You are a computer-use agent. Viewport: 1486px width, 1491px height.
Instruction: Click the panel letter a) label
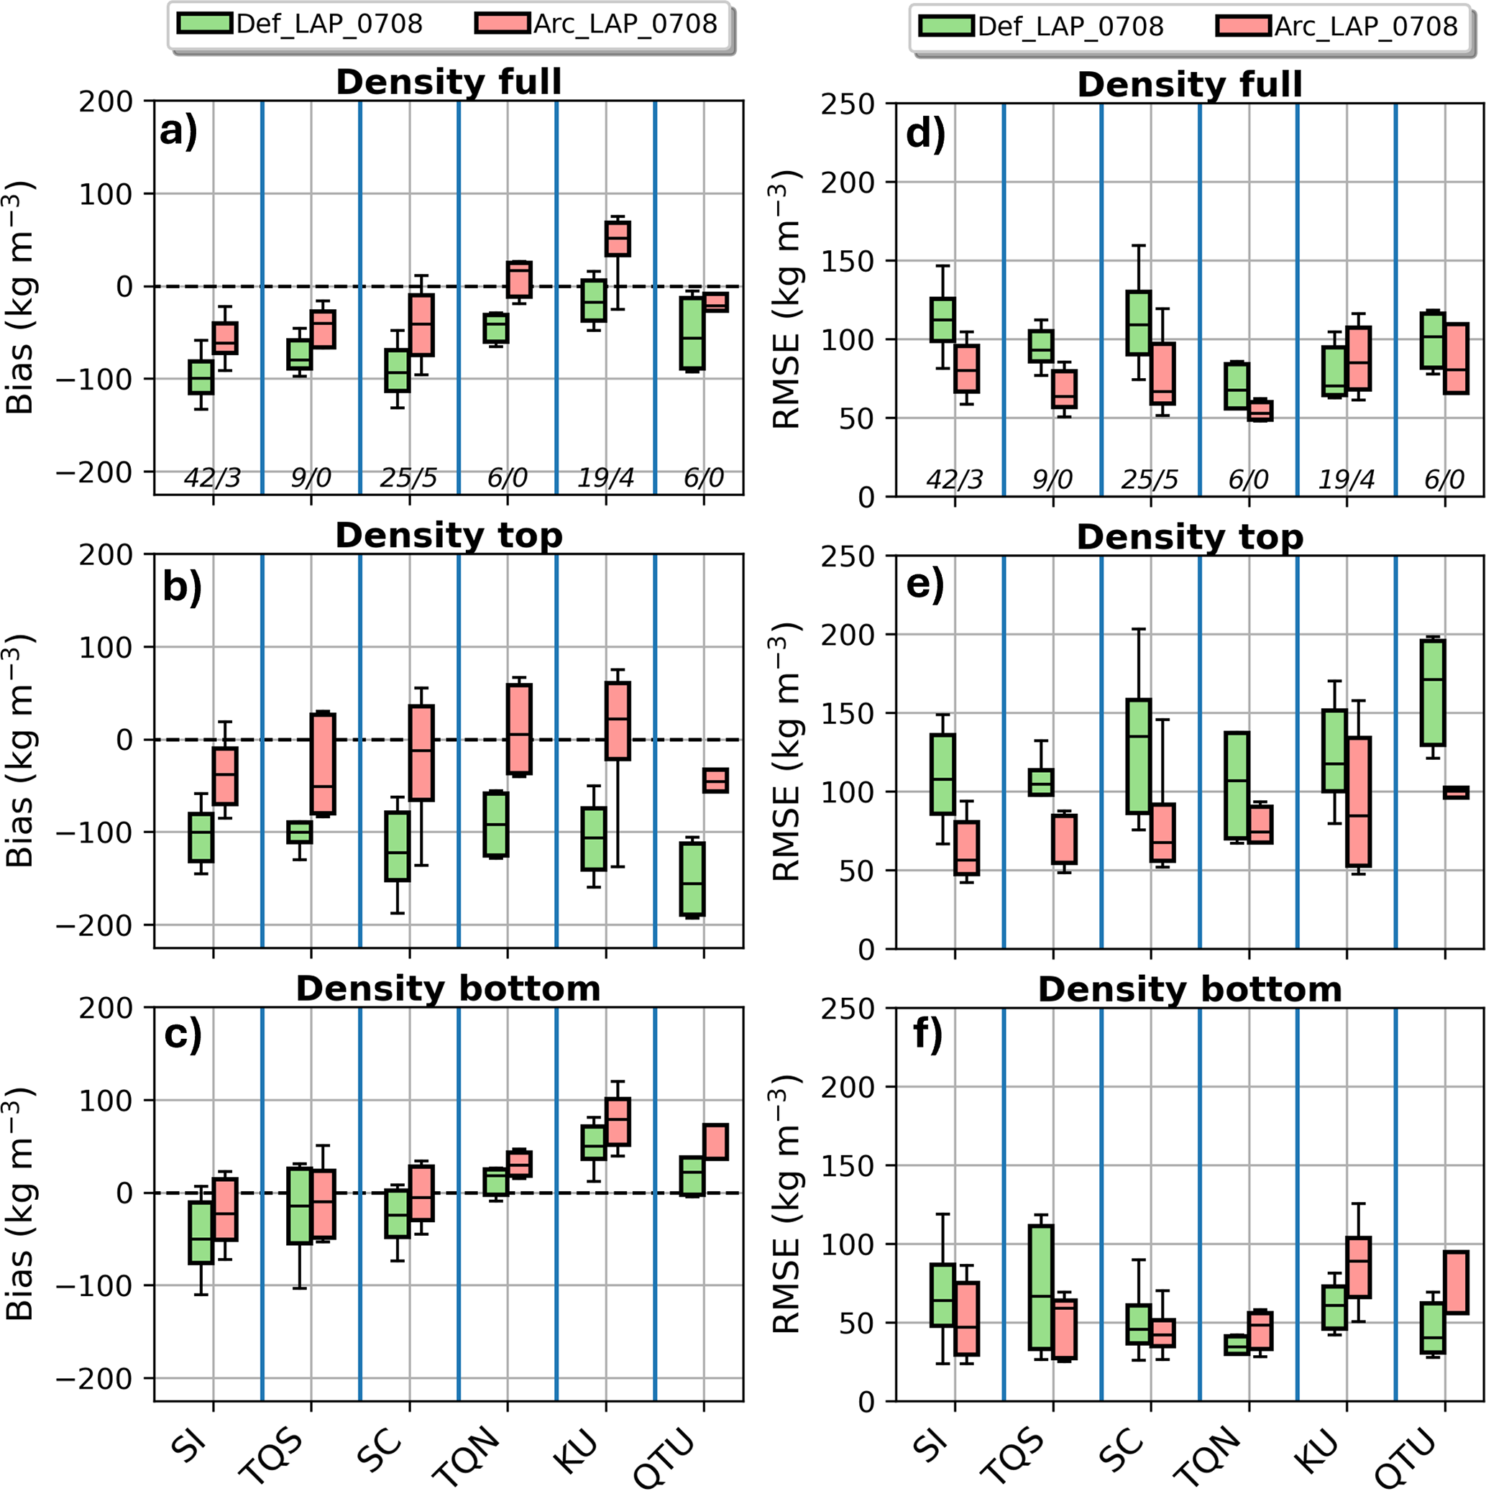179,132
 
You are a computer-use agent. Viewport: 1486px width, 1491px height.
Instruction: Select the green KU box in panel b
594,838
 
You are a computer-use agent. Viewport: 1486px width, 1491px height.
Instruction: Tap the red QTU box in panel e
1456,792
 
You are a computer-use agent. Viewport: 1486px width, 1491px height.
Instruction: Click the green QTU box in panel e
1433,692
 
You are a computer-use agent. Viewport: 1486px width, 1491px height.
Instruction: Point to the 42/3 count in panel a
212,479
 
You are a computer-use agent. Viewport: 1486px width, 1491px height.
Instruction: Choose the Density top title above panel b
449,536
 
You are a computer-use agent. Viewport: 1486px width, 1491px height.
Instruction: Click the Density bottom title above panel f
1190,989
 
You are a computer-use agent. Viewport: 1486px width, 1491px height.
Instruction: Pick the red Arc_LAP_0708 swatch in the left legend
503,23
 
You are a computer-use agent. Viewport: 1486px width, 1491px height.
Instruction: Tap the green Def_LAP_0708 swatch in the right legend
946,25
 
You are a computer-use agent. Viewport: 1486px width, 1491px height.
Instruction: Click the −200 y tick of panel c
105,1378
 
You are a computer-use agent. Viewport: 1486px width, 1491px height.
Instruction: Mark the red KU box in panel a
618,239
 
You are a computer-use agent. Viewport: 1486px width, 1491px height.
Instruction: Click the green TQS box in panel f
1040,1287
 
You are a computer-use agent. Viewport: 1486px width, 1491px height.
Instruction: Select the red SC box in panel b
421,753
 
